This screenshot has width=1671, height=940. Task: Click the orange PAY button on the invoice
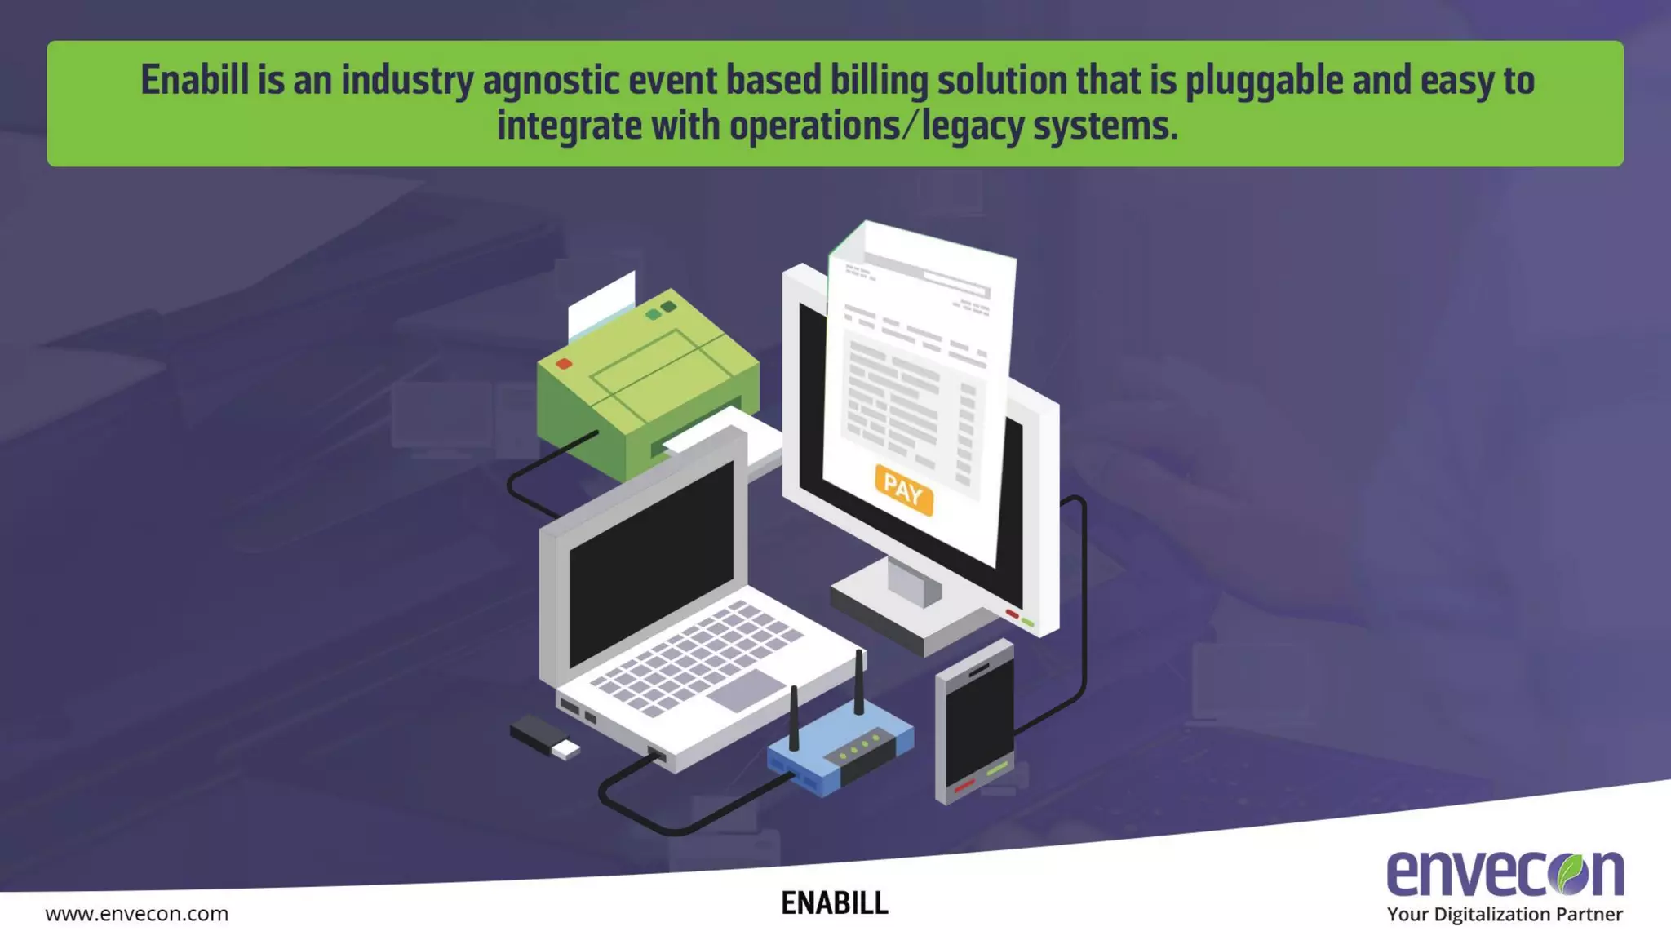coord(903,490)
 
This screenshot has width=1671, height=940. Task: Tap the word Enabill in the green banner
coord(194,80)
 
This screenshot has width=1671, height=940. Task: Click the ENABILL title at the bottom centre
coord(834,903)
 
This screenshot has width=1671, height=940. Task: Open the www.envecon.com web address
coord(137,914)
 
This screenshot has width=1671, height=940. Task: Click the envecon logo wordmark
coord(1505,873)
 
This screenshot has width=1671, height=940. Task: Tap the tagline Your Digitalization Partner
coord(1505,915)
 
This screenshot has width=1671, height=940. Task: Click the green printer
coord(645,384)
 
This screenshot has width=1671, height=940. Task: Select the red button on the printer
coord(564,364)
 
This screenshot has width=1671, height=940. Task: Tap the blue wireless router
coord(840,751)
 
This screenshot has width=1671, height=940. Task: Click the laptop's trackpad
coord(746,690)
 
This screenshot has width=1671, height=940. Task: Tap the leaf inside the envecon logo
coord(1571,873)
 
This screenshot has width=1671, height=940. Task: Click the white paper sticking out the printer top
coord(601,306)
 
